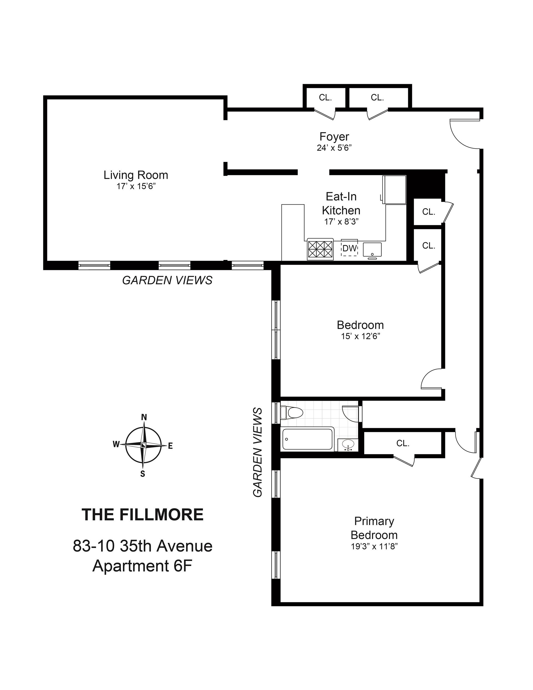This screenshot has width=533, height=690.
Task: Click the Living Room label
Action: coord(135,175)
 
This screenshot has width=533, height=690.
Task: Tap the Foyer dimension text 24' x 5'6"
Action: coord(334,148)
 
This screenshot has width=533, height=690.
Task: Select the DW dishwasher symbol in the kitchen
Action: coord(349,248)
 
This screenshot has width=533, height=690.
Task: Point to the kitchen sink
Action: coord(372,250)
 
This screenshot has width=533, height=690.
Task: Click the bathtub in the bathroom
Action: coord(307,438)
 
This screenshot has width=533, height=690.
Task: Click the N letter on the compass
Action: coord(144,417)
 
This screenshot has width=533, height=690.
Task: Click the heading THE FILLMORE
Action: coord(142,515)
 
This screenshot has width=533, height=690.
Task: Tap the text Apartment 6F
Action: coord(142,566)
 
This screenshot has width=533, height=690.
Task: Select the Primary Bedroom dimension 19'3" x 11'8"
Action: coord(374,546)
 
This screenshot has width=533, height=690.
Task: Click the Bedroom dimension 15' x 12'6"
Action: coord(360,336)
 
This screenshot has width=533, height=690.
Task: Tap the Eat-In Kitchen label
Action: coord(341,204)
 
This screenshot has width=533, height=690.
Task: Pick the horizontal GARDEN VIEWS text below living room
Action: coord(167,280)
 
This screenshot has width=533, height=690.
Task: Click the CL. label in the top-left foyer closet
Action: coord(325,98)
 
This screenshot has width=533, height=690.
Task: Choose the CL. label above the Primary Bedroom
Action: coord(403,443)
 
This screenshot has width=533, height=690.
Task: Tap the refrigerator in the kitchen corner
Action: coord(394,190)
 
